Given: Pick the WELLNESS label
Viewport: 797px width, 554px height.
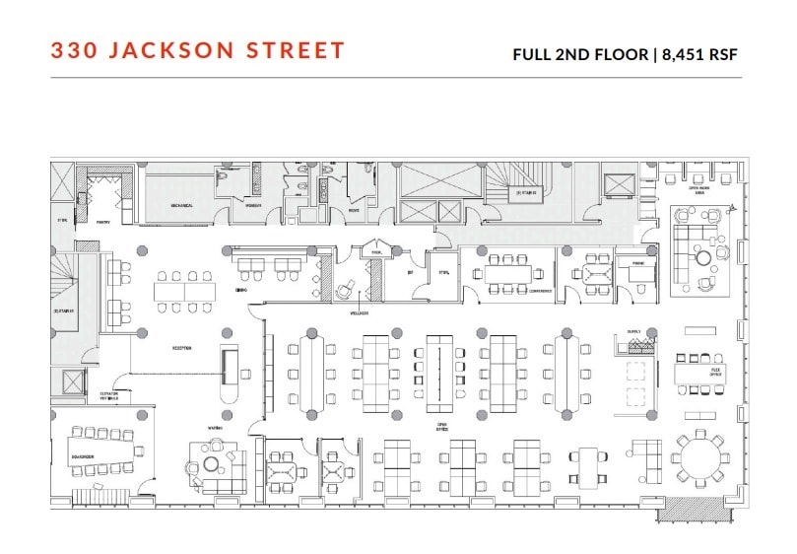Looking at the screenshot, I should pos(357,313).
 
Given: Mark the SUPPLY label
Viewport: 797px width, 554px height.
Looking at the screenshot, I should pos(633,332).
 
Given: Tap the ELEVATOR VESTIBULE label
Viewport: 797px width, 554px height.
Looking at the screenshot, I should pos(107,396).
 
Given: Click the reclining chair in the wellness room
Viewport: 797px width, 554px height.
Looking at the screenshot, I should pos(346,291).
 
